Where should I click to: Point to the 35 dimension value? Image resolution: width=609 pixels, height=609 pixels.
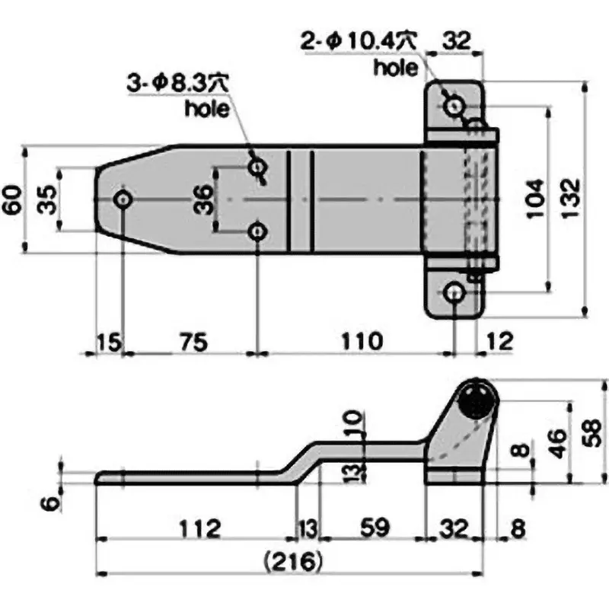47,199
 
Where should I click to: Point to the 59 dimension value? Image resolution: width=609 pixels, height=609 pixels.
373,527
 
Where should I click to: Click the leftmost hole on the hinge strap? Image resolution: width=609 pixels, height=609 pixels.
123,199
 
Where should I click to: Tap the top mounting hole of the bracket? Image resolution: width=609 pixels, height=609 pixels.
455,106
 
